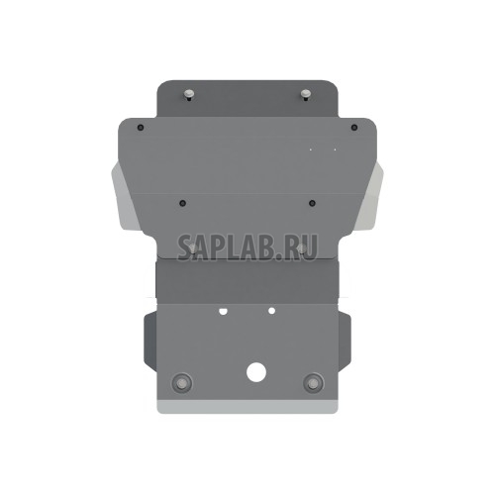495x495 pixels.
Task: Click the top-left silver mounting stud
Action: click(186, 96)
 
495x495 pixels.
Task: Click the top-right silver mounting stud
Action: click(306, 95)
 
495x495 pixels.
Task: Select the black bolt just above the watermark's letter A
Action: click(183, 203)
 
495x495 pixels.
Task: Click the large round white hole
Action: click(255, 373)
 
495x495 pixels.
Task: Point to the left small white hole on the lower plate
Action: click(224, 311)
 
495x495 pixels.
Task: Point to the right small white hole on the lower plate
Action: click(270, 311)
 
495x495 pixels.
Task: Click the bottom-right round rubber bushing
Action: click(314, 383)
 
